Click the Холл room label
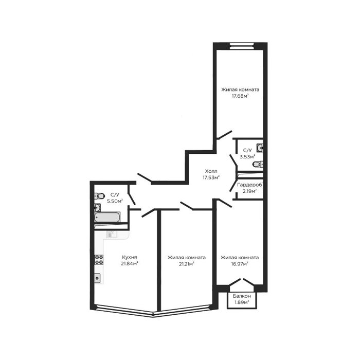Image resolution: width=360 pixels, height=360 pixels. (x=211, y=171)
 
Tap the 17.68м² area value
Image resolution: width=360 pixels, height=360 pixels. (x=240, y=96)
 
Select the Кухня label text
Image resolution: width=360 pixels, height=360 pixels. (x=130, y=257)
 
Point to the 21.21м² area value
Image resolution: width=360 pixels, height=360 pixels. (x=187, y=264)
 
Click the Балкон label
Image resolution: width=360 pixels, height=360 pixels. (x=242, y=296)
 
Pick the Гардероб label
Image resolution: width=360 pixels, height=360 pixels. (x=250, y=185)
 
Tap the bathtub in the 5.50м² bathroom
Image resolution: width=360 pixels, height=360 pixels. (x=107, y=218)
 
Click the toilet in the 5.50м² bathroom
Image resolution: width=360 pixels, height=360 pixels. (x=99, y=196)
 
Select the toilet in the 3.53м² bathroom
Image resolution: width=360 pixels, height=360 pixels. (x=258, y=165)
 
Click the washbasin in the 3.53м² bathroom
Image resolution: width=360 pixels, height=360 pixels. (x=260, y=148)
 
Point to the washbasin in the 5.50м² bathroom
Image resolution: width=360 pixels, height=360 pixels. (x=97, y=208)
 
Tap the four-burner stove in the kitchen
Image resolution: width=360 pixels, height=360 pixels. (x=99, y=260)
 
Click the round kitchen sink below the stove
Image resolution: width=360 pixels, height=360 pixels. (x=97, y=279)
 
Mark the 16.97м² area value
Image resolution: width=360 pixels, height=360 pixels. (x=240, y=264)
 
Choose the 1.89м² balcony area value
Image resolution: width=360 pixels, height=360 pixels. (x=242, y=302)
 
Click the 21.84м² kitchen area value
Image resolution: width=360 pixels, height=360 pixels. (x=130, y=263)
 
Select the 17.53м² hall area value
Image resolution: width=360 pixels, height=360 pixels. (x=211, y=177)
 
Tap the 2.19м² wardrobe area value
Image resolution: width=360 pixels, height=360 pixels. (x=249, y=191)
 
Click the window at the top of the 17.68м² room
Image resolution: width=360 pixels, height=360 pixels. (x=242, y=46)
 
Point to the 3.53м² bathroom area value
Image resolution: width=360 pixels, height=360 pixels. (x=247, y=157)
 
